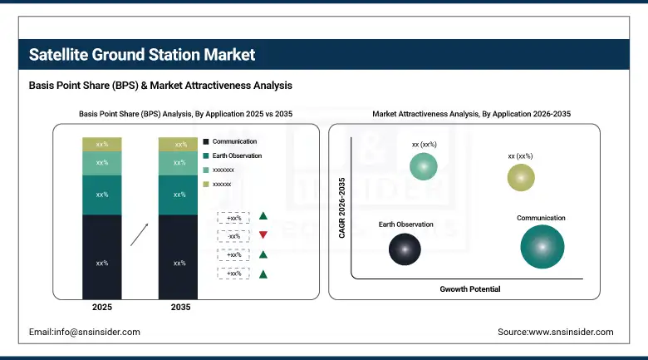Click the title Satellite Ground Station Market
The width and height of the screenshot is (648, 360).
(142, 55)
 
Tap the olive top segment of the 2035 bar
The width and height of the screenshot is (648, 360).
(179, 145)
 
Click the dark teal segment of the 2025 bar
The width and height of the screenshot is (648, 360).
(102, 195)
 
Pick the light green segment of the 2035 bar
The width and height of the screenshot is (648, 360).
(179, 163)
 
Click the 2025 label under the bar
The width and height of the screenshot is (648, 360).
(102, 308)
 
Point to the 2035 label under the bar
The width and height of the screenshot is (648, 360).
(179, 308)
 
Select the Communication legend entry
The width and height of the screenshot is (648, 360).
(233, 142)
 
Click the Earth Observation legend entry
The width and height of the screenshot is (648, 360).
(236, 155)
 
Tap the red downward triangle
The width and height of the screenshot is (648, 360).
(263, 235)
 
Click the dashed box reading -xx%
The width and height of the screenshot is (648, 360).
(233, 235)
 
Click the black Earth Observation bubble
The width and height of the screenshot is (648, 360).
(405, 248)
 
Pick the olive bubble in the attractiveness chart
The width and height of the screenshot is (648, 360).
(521, 177)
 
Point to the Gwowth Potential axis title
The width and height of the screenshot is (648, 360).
(469, 288)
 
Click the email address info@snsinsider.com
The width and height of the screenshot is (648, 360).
(84, 332)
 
